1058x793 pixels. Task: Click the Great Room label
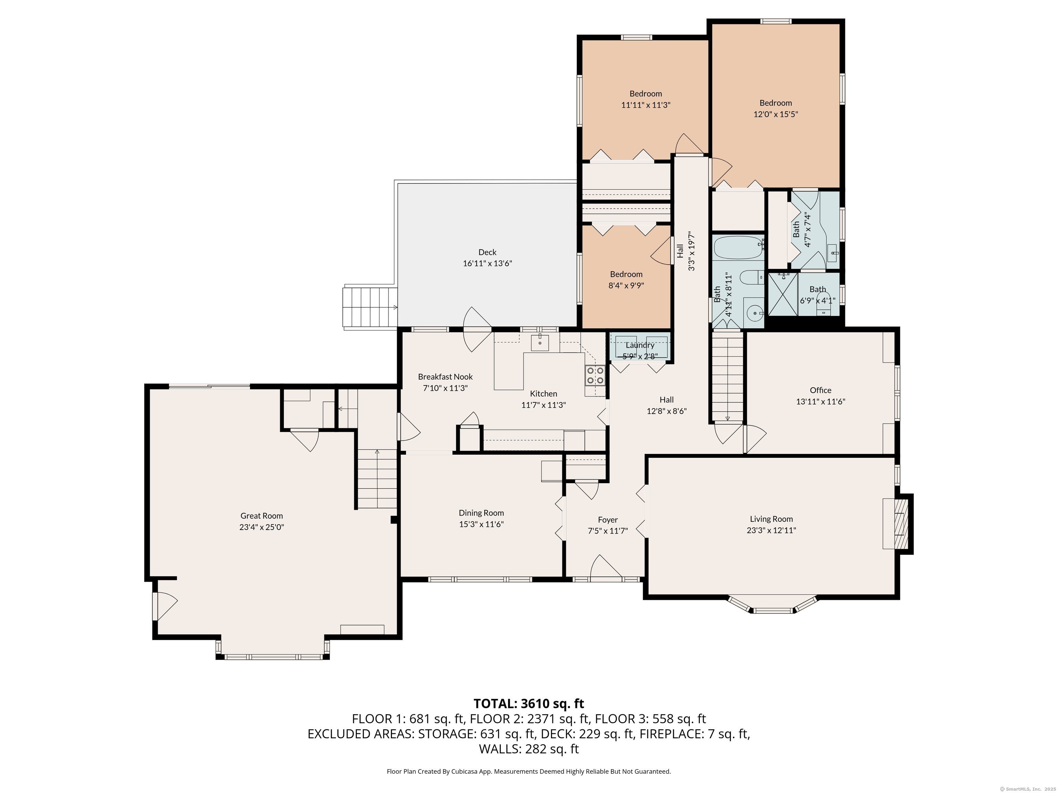[262, 516]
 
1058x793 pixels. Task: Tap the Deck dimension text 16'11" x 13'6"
[487, 263]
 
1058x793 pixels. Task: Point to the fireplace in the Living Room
[901, 524]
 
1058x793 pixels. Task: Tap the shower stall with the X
[783, 294]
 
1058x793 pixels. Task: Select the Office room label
[820, 390]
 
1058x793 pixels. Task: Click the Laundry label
[640, 345]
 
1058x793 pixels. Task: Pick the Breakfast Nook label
[445, 377]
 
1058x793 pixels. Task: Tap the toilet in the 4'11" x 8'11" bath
[749, 277]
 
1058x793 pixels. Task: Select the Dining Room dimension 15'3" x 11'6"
[481, 524]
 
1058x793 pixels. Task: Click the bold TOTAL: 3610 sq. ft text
[529, 704]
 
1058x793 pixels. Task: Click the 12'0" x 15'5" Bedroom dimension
[775, 114]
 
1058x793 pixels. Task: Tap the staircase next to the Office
[727, 378]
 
